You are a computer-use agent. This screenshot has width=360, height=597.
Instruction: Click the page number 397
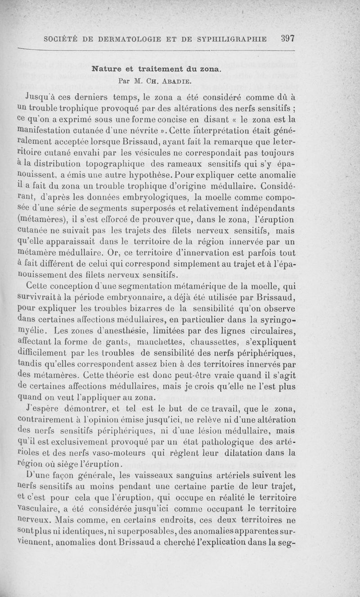pyautogui.click(x=287, y=38)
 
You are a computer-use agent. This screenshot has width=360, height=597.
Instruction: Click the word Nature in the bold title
pyautogui.click(x=107, y=69)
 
